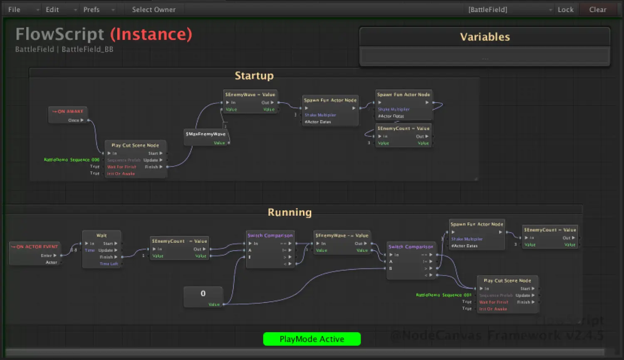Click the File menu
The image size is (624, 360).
point(14,10)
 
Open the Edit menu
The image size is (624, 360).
point(52,10)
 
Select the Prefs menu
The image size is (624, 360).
point(92,10)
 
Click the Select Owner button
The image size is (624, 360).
point(154,10)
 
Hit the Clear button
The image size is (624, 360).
point(597,10)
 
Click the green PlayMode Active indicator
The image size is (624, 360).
point(312,339)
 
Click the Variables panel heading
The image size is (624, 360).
point(485,37)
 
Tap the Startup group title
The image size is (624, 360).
point(254,76)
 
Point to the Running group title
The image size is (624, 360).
point(290,212)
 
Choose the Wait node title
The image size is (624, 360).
point(102,235)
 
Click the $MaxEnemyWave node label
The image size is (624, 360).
point(206,134)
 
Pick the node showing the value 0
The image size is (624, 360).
point(203,293)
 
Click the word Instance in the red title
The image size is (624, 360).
point(151,34)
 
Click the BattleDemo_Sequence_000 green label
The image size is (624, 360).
point(72,160)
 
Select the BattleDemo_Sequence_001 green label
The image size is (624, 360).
point(443,295)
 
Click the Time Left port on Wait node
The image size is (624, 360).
point(109,264)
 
